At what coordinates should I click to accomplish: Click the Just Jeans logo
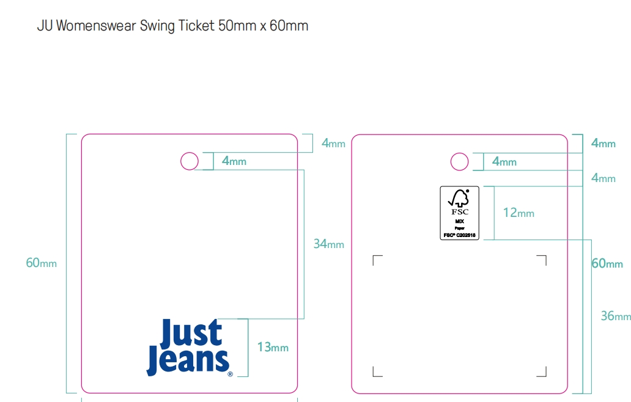point(189,346)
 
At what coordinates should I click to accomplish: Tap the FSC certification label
point(459,213)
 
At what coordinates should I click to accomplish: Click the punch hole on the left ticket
point(190,161)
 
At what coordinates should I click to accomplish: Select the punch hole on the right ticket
point(459,161)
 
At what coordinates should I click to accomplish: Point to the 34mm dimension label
point(328,244)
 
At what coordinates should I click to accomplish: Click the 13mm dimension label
point(272,348)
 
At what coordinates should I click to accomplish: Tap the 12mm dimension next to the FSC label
point(518,213)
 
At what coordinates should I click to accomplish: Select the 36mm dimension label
point(615,316)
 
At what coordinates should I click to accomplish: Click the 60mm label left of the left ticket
point(41,263)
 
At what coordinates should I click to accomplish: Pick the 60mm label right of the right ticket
point(607,263)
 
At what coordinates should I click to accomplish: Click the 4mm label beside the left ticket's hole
point(234,161)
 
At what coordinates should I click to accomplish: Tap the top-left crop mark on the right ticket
point(377,260)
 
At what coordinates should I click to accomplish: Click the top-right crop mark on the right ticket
point(542,260)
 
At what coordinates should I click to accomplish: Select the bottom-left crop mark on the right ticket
point(377,372)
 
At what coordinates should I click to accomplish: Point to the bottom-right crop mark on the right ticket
point(542,372)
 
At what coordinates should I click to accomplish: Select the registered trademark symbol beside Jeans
point(230,374)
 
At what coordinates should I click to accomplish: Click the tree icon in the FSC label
point(459,197)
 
